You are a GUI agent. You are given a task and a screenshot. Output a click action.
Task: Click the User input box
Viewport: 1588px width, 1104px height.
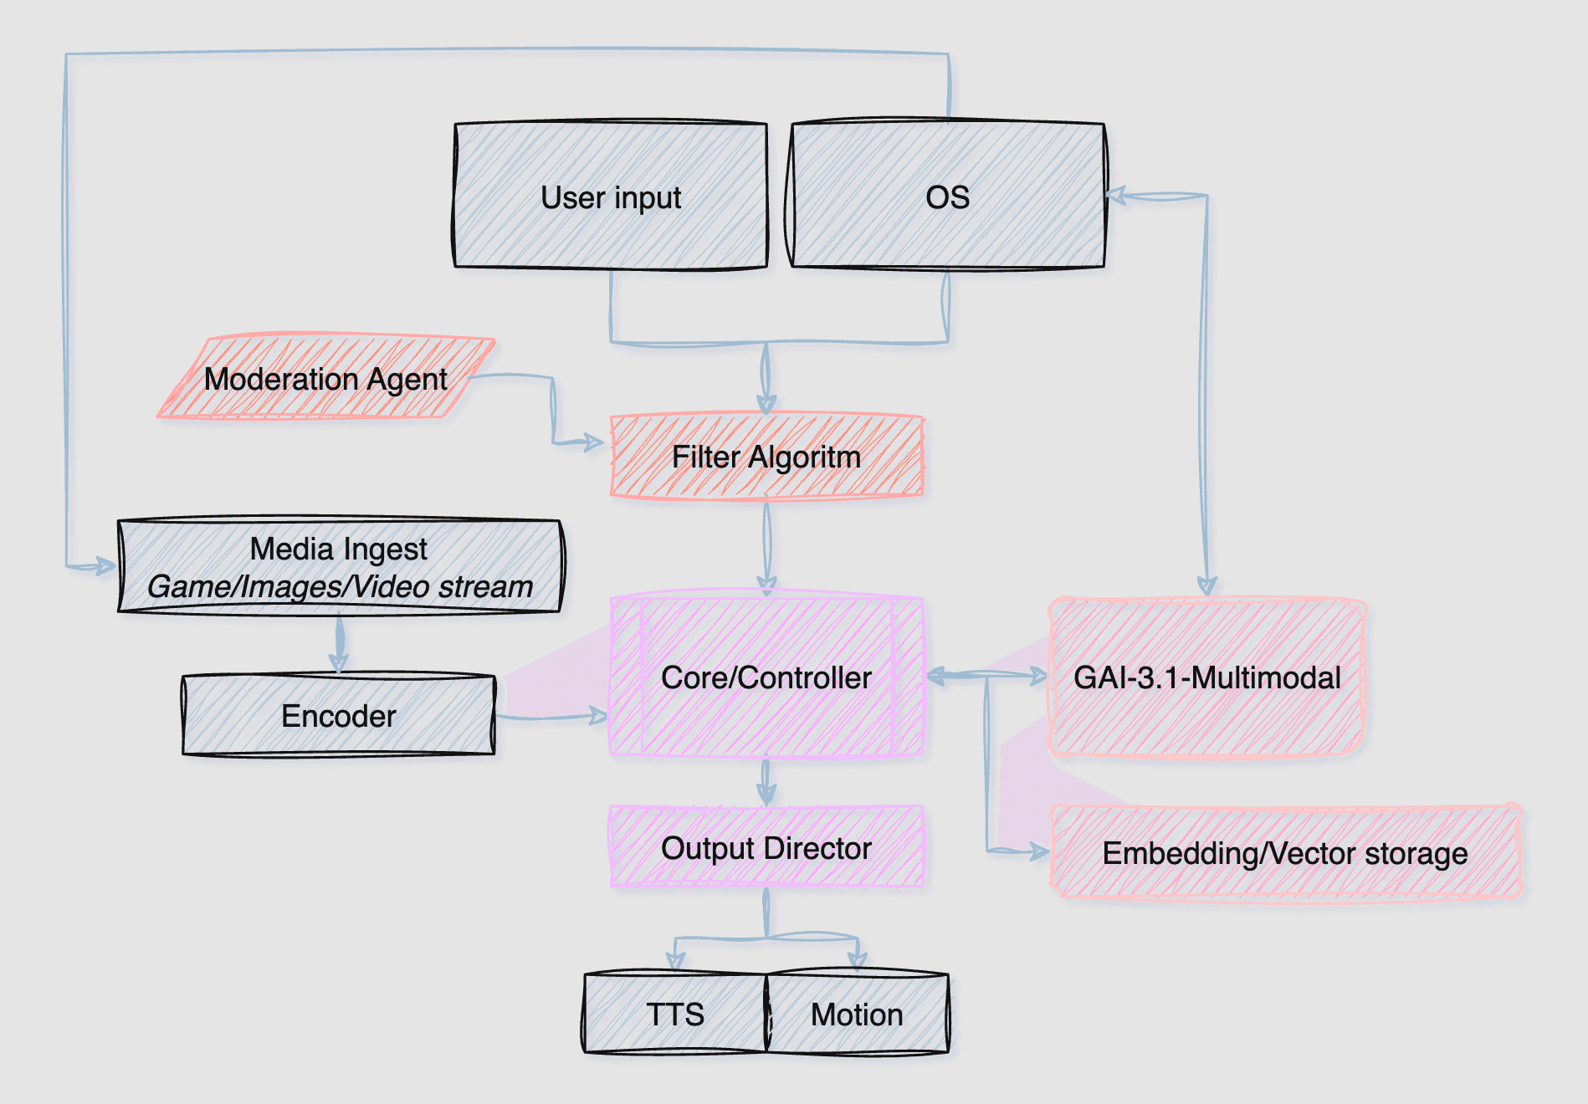[610, 197]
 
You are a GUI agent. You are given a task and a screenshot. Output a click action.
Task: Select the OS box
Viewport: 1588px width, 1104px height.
[947, 197]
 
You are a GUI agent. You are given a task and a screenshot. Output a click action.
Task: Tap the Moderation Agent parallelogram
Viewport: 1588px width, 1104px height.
[326, 378]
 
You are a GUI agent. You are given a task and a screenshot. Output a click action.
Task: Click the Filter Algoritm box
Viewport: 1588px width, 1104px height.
[766, 457]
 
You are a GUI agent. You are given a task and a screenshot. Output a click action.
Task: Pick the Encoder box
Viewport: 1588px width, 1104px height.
[339, 716]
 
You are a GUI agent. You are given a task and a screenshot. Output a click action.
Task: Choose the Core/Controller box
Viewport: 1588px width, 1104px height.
[766, 677]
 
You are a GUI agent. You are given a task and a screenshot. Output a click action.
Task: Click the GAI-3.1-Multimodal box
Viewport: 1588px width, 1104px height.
[1206, 677]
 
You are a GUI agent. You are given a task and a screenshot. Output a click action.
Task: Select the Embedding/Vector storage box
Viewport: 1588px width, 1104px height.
[1285, 853]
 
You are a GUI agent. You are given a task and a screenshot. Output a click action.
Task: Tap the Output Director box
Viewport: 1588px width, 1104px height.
[766, 848]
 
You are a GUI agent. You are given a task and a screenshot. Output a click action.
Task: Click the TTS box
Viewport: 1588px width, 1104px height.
[674, 1014]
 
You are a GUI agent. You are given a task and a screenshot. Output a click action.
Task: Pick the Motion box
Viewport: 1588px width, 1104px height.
[857, 1014]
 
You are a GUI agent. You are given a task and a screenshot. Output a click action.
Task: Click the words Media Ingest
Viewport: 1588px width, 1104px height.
[339, 549]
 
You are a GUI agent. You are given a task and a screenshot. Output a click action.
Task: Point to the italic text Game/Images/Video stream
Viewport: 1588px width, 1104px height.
[339, 586]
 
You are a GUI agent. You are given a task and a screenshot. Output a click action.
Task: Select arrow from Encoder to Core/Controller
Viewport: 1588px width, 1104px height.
[552, 717]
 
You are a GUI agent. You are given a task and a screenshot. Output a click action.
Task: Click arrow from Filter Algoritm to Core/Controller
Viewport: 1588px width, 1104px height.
[766, 544]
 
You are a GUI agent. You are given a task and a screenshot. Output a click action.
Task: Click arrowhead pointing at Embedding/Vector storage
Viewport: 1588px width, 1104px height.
[1039, 852]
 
